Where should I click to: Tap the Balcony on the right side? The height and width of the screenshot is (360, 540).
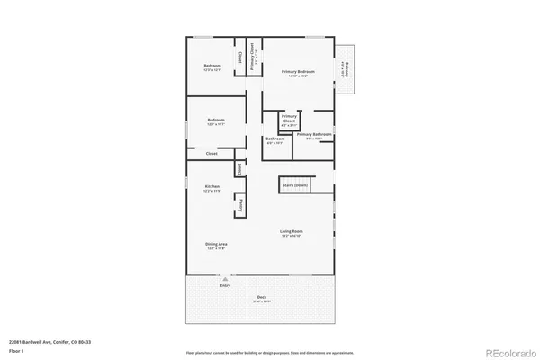(346, 69)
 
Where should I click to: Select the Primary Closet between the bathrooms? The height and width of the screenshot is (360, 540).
(289, 119)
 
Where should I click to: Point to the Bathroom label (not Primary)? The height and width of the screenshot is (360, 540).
(274, 139)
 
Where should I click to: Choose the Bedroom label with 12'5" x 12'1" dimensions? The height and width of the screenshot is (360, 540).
(212, 67)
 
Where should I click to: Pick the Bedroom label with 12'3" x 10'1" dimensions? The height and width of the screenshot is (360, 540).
(216, 121)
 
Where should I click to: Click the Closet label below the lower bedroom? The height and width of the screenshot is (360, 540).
(211, 154)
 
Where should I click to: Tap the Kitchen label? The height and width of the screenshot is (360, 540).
(211, 188)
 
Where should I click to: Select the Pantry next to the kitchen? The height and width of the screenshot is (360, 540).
(240, 205)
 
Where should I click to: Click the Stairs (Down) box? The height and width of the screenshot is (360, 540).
(295, 184)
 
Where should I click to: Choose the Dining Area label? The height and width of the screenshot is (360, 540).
(216, 246)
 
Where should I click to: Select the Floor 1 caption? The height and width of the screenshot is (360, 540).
(15, 350)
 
